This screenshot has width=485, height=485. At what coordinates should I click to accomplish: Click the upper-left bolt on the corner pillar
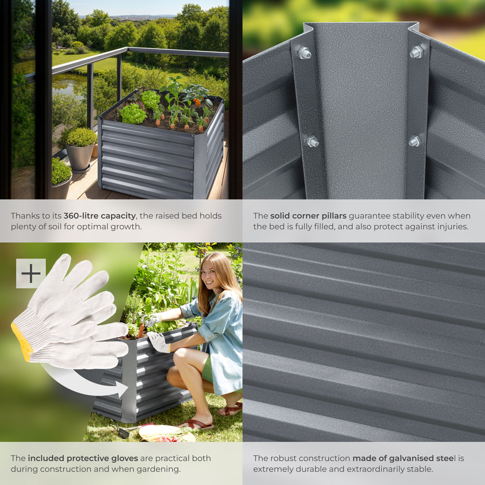304,52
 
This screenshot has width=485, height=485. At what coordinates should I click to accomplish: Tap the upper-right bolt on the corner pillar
417,52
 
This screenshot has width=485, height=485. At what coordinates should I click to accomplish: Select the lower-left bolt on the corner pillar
312,142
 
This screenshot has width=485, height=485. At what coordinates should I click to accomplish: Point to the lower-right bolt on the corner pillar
415,141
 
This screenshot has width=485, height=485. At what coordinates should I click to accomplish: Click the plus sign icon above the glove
31,274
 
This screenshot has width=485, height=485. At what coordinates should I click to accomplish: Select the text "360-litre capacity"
99,216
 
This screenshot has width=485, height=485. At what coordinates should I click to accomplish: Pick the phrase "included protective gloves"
82,458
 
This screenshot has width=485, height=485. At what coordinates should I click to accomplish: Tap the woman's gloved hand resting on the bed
158,342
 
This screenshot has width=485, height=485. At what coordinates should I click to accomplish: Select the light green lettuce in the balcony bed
132,114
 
